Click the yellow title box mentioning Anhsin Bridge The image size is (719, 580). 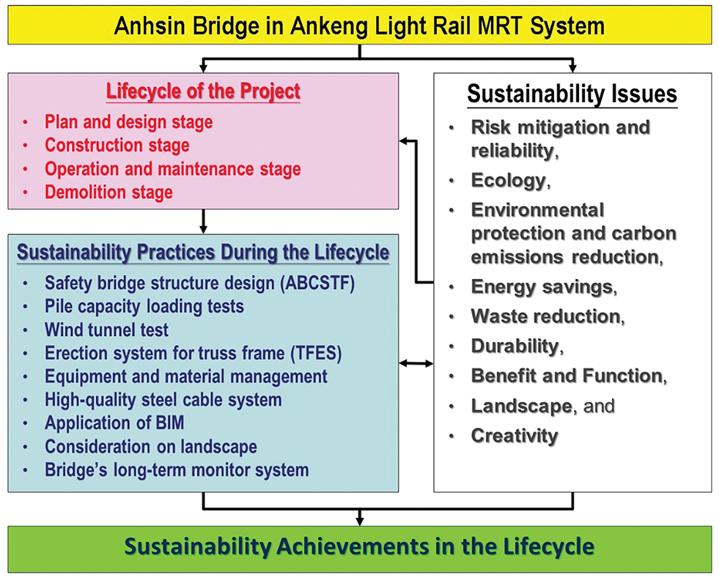359,25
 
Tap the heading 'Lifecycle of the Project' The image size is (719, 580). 203,91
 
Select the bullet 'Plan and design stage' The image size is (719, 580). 128,122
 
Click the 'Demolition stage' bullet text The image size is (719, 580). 108,192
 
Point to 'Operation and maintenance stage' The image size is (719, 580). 173,168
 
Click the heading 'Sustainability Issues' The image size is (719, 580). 572,94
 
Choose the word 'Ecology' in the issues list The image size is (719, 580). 508,180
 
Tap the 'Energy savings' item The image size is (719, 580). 542,287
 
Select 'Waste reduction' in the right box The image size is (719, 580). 546,316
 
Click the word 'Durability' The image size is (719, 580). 515,346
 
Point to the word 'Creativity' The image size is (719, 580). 515,436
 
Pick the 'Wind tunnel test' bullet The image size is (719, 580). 106,330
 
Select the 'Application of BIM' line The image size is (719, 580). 114,423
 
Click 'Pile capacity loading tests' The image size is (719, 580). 144,307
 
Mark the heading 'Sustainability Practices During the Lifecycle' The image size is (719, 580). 203,253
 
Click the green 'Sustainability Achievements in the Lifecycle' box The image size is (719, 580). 359,549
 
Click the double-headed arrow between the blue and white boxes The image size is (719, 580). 416,364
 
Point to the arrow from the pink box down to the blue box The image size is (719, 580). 203,221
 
